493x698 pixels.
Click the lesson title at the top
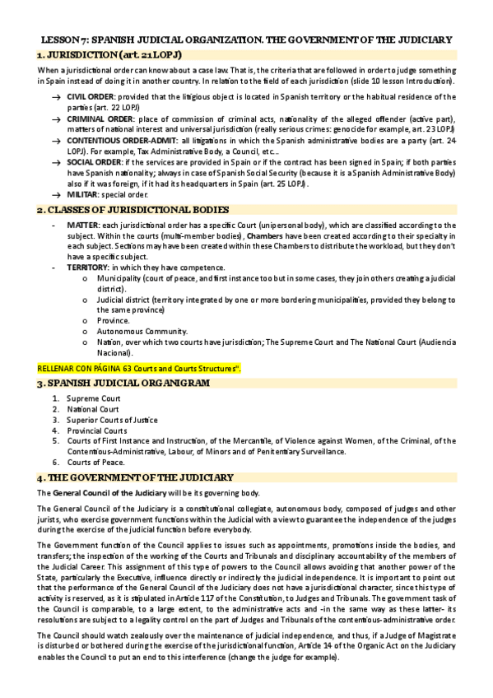[246, 39]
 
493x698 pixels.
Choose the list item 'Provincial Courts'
[97, 430]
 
